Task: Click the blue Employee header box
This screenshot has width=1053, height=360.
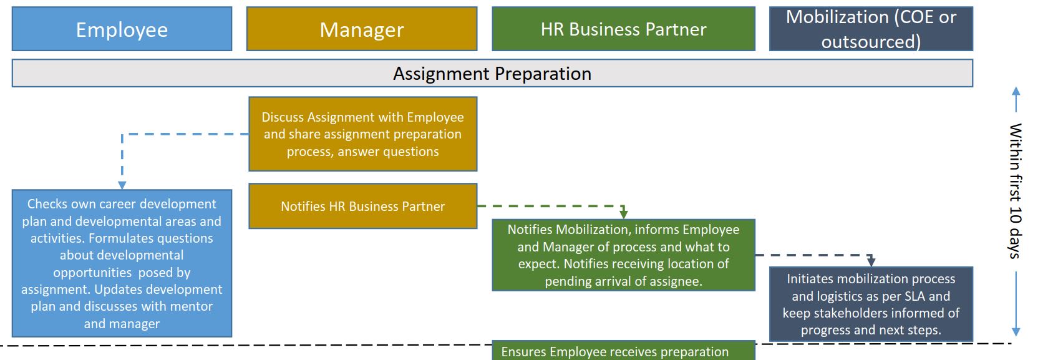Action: [122, 29]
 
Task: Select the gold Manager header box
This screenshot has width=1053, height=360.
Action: [362, 29]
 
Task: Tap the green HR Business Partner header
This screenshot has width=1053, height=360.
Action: [623, 29]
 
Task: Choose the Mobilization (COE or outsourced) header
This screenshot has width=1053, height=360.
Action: [871, 29]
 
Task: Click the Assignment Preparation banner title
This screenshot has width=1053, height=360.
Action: [492, 74]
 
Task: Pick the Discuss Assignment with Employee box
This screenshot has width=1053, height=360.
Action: [362, 134]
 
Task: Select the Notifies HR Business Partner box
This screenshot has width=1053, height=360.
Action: [362, 206]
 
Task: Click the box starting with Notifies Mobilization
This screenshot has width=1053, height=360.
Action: [623, 255]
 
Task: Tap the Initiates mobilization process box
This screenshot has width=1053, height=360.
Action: [871, 304]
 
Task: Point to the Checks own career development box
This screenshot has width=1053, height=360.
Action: [122, 263]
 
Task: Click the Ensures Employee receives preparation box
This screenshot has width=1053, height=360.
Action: [623, 352]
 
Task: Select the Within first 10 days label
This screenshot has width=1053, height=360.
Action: [1016, 190]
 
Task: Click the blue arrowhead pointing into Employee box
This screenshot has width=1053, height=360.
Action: [122, 185]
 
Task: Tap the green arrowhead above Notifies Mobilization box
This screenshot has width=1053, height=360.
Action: [623, 214]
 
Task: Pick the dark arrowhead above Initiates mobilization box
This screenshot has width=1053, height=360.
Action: [871, 262]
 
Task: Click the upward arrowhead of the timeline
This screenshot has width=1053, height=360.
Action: [1016, 91]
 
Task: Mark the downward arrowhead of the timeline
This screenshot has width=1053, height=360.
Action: [1016, 332]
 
